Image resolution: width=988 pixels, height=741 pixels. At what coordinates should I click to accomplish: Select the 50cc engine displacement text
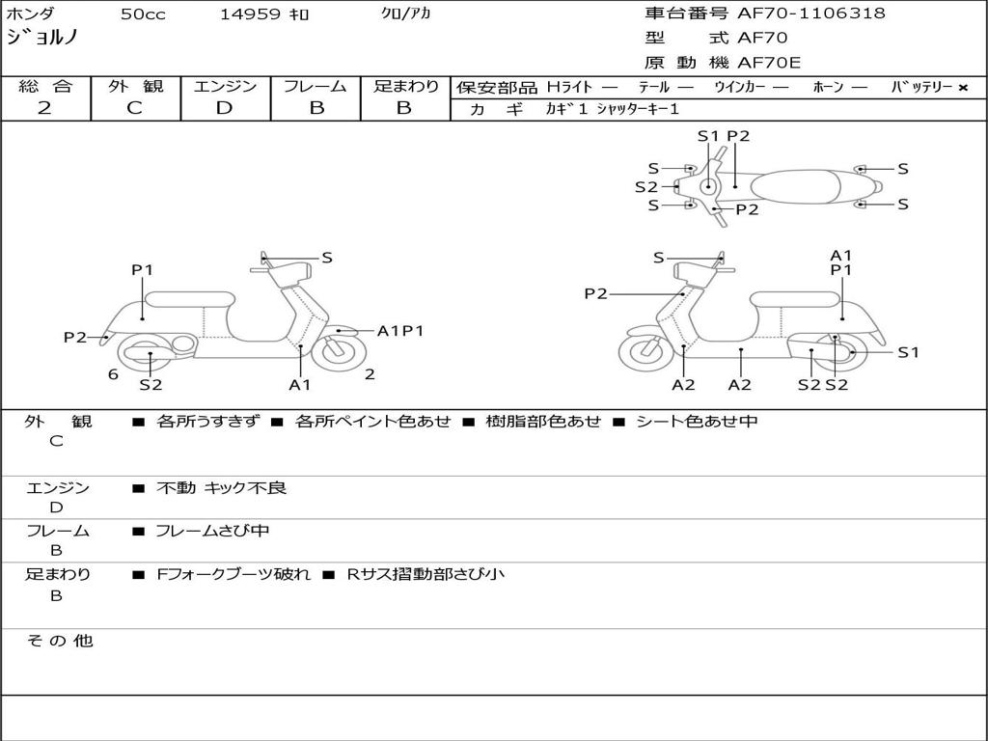[142, 14]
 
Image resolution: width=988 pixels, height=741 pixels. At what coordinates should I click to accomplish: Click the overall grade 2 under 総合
[44, 108]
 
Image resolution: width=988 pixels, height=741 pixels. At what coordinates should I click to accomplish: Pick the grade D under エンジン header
[225, 108]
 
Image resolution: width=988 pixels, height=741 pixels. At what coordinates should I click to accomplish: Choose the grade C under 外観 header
[134, 108]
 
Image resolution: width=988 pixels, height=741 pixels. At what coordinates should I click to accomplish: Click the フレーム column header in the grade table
[316, 87]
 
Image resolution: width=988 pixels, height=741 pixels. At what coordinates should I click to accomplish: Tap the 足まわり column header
[405, 87]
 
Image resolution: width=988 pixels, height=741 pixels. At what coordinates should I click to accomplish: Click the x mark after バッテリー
[963, 88]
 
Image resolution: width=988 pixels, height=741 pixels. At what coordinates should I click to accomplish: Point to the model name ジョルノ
[41, 39]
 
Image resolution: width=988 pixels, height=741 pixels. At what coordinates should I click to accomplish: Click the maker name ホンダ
[31, 14]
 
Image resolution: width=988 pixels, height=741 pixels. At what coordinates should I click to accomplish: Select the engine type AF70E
[769, 64]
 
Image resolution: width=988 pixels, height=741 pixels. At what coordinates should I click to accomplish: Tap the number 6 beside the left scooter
[113, 374]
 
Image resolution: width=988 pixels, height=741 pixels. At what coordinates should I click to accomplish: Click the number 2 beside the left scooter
[370, 374]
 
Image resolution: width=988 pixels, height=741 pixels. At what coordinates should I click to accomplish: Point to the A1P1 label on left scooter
[400, 331]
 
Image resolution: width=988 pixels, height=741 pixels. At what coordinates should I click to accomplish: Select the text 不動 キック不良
[221, 488]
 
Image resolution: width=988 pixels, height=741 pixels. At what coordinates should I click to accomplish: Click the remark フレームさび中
[212, 531]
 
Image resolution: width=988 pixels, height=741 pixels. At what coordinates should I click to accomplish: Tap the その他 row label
[59, 641]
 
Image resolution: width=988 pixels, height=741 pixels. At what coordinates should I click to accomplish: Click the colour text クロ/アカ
[406, 14]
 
